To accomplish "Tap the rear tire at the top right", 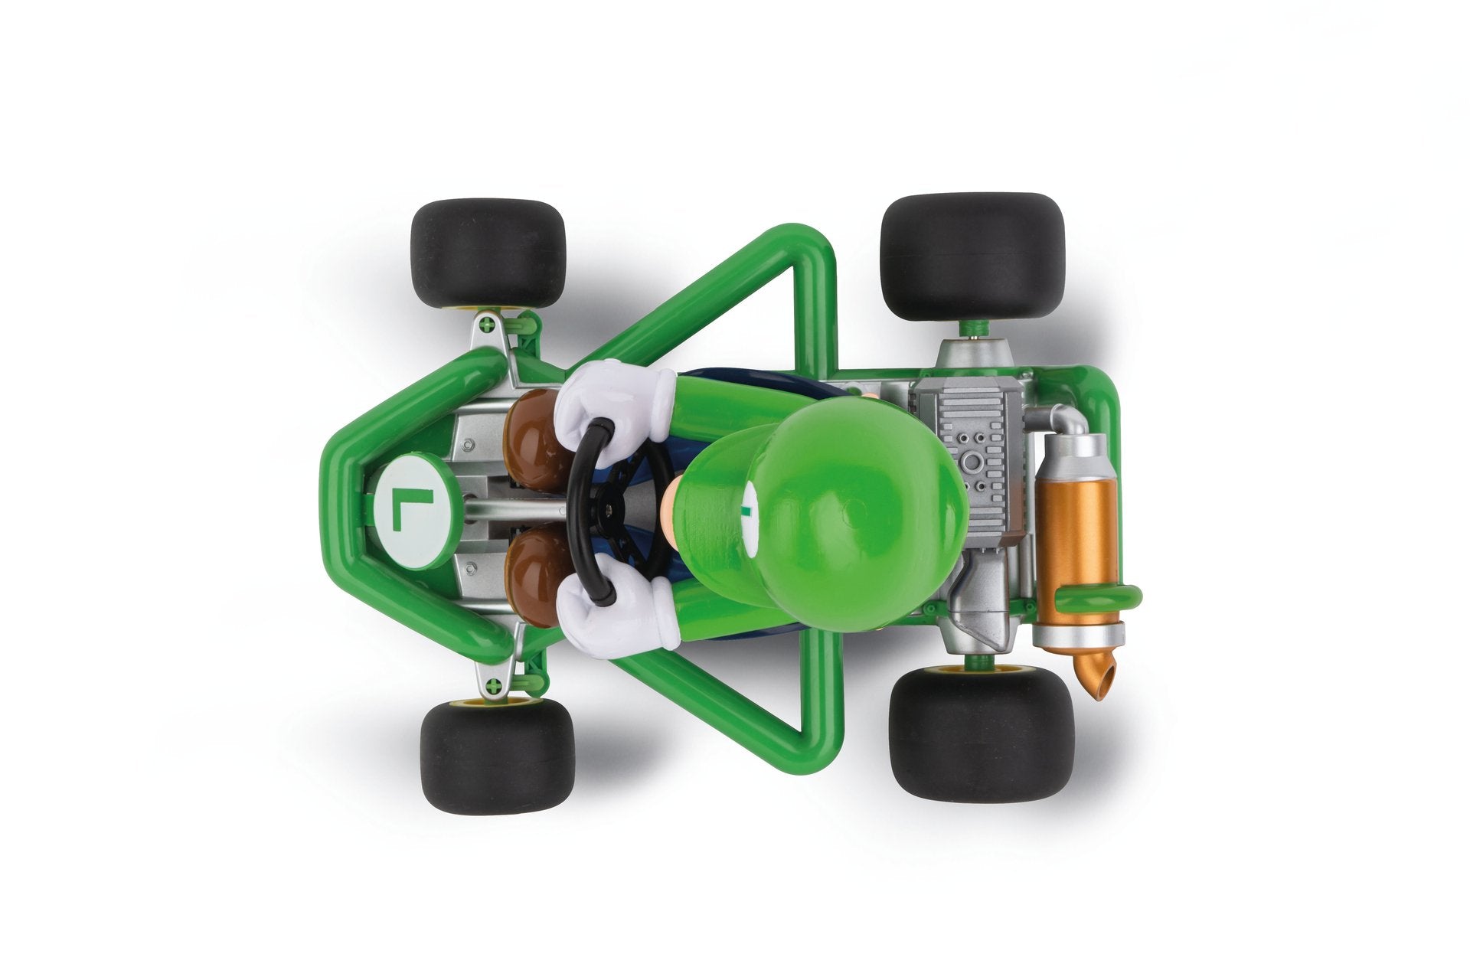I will [972, 257].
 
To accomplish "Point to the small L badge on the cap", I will [747, 506].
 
